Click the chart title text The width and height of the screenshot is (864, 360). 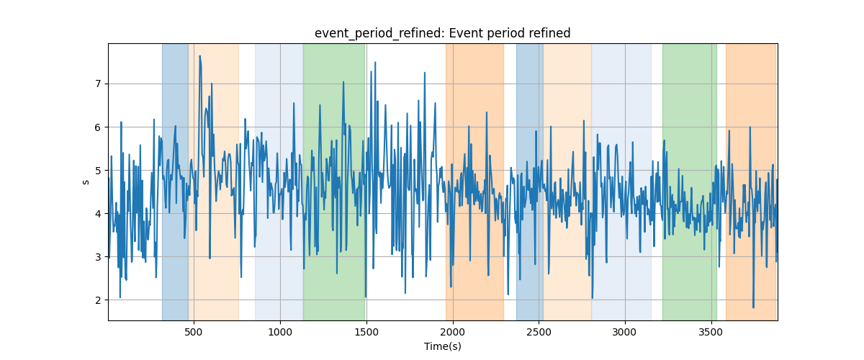point(442,33)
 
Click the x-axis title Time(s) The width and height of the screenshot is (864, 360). point(442,346)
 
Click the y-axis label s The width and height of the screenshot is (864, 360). point(86,182)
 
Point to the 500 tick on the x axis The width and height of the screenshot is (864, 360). point(194,332)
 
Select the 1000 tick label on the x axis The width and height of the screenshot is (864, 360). point(280,332)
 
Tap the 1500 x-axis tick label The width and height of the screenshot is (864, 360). point(366,332)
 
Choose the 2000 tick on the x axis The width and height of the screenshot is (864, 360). point(453,332)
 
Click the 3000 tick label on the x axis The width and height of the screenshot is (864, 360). point(625,332)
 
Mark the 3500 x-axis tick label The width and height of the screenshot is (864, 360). point(711,332)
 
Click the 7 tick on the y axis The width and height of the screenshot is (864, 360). point(98,84)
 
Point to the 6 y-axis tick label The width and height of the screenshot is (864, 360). point(98,127)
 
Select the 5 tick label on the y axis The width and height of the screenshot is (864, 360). point(98,171)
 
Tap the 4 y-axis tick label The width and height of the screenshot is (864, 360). point(98,214)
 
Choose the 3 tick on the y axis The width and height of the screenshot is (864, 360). point(98,257)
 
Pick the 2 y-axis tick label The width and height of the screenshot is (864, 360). point(98,300)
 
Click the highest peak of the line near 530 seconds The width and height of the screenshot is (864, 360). point(200,56)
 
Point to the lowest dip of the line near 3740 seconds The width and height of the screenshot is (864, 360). point(753,307)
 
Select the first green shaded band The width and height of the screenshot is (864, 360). point(334,182)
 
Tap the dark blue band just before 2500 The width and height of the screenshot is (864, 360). point(530,182)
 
